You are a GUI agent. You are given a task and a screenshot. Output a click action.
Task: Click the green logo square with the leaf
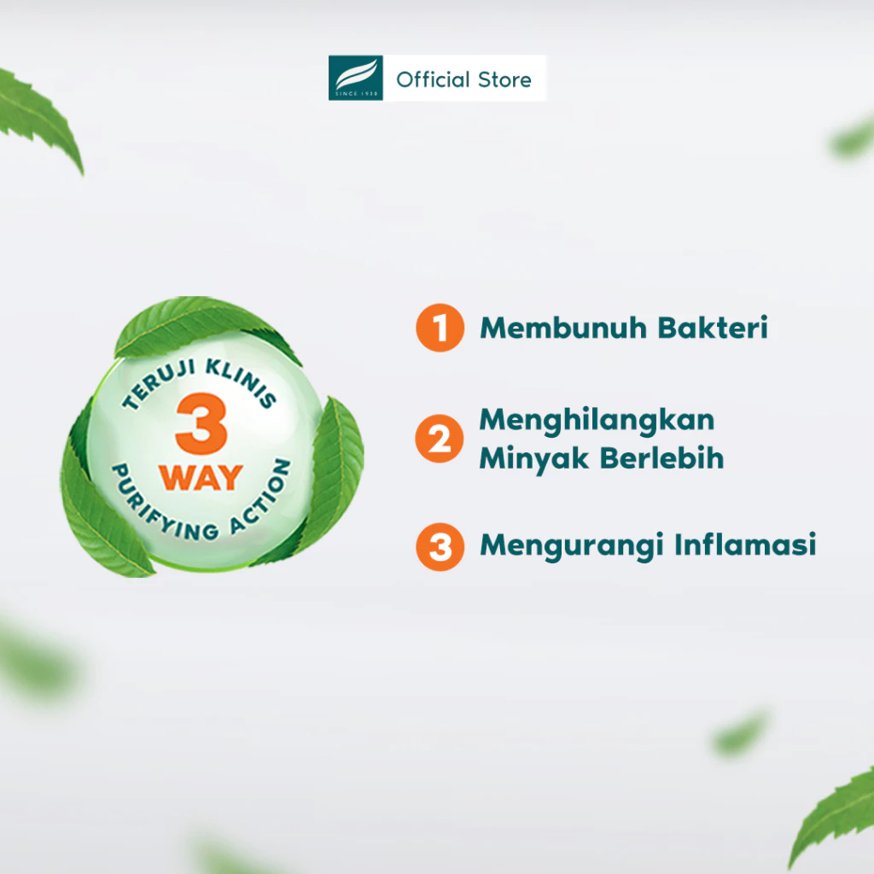356,78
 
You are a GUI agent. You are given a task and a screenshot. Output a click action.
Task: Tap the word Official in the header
433,79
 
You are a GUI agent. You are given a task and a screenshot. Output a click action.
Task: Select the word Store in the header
504,79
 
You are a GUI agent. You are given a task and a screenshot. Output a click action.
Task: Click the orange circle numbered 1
440,328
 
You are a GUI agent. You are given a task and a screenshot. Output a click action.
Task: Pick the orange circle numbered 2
440,439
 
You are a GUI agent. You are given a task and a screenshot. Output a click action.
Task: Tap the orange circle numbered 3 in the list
440,547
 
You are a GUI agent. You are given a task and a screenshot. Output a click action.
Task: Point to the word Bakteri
713,328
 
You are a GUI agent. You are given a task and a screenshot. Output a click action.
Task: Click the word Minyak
534,459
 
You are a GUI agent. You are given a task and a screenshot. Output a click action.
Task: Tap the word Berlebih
662,458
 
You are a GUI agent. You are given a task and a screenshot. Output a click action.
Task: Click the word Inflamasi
745,545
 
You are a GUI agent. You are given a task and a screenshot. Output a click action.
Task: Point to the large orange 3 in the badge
201,423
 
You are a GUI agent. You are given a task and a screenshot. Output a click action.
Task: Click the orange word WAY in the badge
201,478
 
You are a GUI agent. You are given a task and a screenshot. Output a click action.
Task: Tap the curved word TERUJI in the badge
158,384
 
